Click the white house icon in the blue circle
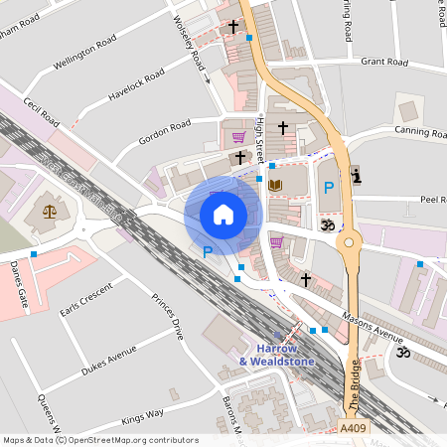coord(223,214)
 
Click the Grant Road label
coord(384,62)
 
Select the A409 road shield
coord(352,428)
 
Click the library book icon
coord(276,185)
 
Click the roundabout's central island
coord(349,241)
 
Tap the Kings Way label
coord(142,415)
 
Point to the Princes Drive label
coord(166,317)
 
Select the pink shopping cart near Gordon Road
coord(238,137)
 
